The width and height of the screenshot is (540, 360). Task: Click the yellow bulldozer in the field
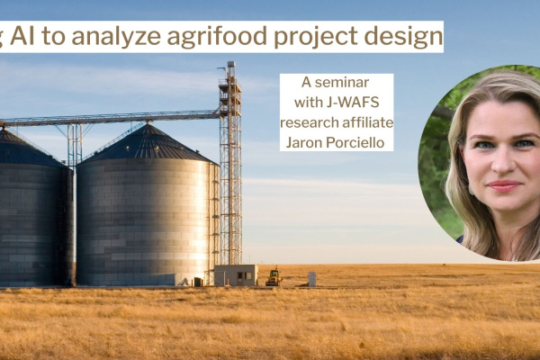(x=273, y=277)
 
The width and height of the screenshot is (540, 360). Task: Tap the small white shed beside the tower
(x=235, y=274)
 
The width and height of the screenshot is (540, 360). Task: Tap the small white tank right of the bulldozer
(x=311, y=279)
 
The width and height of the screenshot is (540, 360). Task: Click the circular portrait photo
(x=486, y=162)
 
